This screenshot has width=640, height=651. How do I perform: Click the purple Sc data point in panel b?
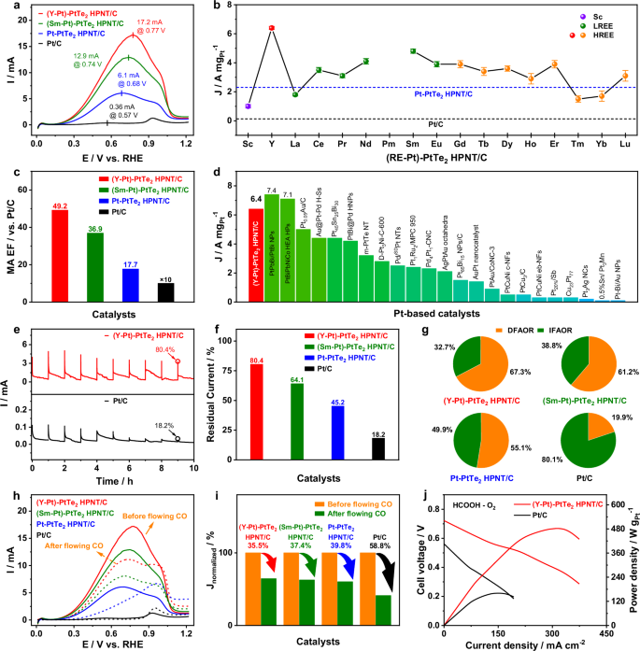(248, 106)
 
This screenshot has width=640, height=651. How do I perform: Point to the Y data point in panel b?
(272, 28)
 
